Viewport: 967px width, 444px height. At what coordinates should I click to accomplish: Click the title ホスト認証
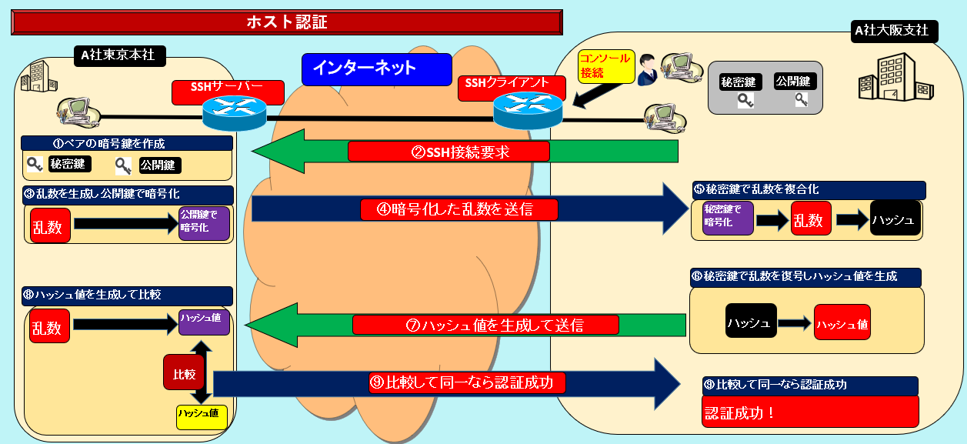(286, 22)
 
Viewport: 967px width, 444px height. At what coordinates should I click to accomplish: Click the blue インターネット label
(376, 68)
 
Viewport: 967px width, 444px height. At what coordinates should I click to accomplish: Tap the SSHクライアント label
(507, 85)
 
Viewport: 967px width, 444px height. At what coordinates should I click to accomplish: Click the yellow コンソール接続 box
(605, 66)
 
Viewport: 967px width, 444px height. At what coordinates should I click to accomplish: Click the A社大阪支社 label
(891, 32)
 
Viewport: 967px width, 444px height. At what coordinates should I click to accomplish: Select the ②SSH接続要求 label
(448, 152)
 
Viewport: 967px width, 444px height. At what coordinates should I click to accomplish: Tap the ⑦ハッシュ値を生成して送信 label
(485, 325)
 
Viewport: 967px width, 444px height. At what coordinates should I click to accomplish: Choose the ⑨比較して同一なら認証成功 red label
(467, 382)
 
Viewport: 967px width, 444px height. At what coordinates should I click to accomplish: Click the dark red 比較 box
(184, 375)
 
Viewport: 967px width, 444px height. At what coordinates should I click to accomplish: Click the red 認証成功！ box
(810, 412)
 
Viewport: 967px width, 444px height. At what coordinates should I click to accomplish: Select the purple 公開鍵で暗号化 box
(204, 223)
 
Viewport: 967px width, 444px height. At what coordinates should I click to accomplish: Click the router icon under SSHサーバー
(235, 114)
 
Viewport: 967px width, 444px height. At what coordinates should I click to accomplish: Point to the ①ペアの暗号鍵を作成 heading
(127, 143)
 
